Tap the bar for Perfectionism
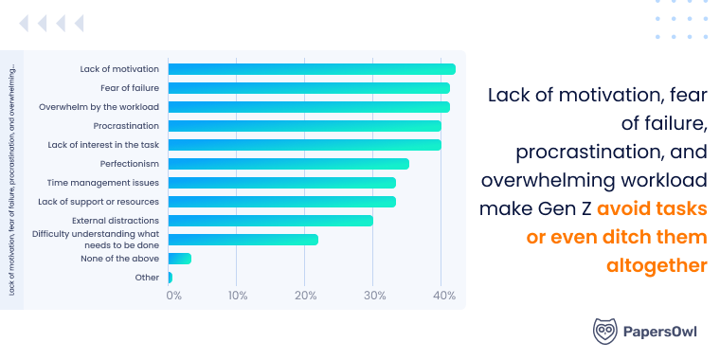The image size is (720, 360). point(288,164)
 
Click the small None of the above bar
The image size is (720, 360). point(179,259)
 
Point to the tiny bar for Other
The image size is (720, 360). point(170,278)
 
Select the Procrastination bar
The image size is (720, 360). point(304,126)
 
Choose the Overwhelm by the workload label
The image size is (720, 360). point(99,107)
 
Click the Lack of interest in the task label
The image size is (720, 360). point(103,145)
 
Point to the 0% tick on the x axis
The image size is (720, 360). point(173,297)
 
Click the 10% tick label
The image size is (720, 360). point(237,297)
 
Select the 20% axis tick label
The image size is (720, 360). point(305,297)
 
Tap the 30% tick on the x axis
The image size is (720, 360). point(373,297)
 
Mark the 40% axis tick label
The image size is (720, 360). point(442,297)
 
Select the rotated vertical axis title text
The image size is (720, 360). point(11,181)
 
